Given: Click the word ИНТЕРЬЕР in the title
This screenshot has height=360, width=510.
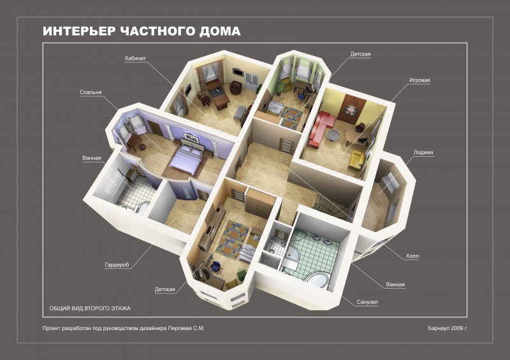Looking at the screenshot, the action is [79, 31].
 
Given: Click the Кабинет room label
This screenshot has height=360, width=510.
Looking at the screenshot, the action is [135, 59].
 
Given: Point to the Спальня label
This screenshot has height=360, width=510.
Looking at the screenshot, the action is [91, 92].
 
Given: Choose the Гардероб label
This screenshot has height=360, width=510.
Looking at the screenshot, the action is [117, 265].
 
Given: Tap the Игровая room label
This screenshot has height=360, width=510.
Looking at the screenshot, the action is [419, 80].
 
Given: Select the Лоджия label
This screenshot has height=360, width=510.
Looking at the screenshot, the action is [423, 152].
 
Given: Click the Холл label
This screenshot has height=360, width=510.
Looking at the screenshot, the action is [412, 256].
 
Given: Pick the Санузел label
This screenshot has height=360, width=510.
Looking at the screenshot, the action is [367, 302].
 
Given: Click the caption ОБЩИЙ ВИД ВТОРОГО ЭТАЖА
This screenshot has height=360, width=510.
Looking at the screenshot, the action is [90, 308].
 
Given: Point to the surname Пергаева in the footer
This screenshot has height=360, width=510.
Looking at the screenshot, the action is [180, 328].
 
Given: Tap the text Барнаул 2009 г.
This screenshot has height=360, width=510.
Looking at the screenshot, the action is [448, 328].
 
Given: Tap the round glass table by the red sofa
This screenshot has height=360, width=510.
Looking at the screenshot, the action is [332, 135].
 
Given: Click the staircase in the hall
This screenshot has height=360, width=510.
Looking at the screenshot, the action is [333, 206].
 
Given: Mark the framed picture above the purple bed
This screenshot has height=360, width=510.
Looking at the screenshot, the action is [191, 137].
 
